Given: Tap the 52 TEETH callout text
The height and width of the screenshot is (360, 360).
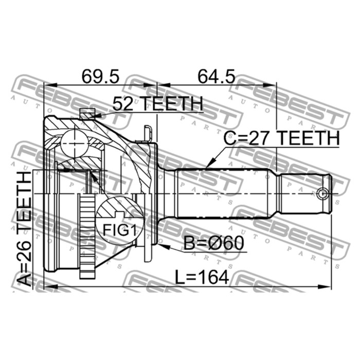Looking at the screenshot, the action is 158,104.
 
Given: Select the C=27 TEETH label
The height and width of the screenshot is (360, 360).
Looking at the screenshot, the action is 281,138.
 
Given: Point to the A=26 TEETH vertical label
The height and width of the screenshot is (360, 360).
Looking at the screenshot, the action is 24,229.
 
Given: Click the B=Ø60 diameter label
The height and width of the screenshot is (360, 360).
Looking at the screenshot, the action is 214,243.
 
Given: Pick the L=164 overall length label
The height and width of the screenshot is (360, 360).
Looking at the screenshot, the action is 202,277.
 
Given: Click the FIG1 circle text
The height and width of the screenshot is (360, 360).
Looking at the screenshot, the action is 120,230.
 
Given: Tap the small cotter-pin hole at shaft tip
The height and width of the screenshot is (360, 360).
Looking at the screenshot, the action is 322,194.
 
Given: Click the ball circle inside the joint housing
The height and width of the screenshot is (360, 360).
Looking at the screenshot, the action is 75,143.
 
